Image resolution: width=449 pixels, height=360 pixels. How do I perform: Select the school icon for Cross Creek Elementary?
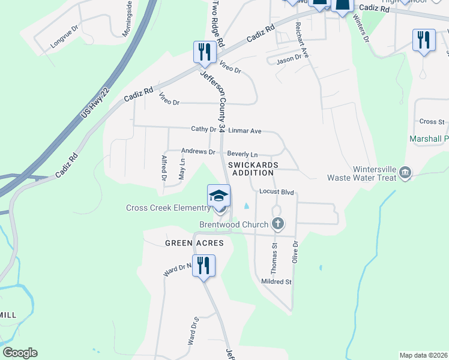(219, 196)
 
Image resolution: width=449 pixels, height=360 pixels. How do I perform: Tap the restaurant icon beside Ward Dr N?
(203, 265)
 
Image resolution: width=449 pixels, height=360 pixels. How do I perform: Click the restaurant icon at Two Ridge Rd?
(205, 52)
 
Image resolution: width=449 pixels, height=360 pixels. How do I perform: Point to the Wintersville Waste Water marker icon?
(405, 172)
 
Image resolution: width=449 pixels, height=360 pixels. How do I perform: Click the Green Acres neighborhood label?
(194, 243)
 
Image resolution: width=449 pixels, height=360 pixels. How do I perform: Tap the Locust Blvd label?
(276, 192)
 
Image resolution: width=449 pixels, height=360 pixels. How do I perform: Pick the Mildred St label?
(276, 281)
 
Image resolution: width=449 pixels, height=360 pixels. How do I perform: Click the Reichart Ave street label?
(301, 40)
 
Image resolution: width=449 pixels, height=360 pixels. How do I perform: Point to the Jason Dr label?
(288, 61)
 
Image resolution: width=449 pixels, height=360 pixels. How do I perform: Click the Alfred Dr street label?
(163, 168)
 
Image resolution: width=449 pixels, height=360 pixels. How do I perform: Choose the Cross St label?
(432, 122)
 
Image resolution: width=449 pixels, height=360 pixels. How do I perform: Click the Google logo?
(20, 353)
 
